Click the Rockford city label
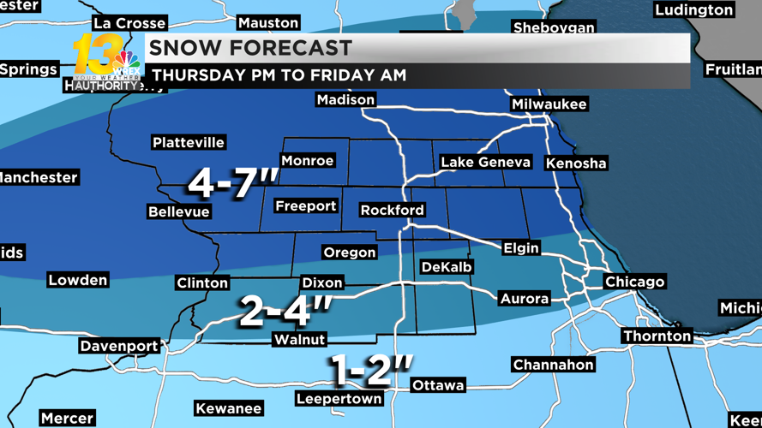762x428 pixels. tap(392, 210)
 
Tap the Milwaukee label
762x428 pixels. tap(549, 104)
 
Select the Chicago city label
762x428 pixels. tap(634, 282)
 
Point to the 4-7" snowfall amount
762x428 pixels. tap(233, 182)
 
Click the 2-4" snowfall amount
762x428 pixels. tap(285, 311)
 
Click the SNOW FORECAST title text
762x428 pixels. tap(251, 48)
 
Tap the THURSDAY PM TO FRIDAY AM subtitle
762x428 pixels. tap(279, 75)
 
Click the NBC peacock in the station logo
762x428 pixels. tap(127, 61)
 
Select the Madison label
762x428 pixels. tap(345, 100)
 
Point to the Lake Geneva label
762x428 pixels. tap(485, 162)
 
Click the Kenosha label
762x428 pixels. tap(576, 163)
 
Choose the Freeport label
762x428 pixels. tap(305, 206)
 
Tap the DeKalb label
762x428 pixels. tap(447, 267)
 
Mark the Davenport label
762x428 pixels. tap(119, 346)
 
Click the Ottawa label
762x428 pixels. tap(438, 385)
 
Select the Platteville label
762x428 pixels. tap(189, 142)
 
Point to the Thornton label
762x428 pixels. tap(657, 336)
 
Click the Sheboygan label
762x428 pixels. tap(554, 27)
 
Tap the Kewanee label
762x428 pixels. tap(228, 408)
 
